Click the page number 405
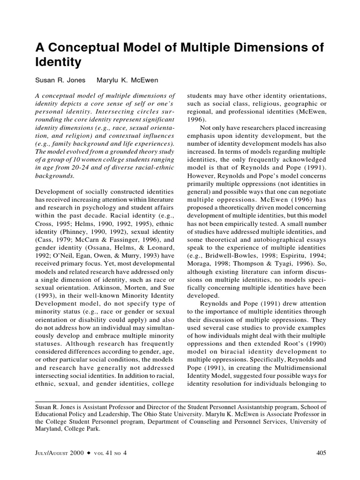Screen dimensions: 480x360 tap(321, 453)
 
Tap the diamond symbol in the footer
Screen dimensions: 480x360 tap(88, 453)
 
